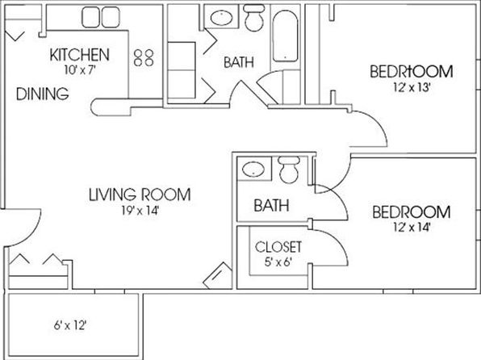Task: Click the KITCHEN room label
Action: click(x=79, y=55)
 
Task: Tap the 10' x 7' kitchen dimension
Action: click(x=81, y=70)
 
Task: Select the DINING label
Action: click(x=42, y=94)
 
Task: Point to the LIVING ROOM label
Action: click(x=140, y=195)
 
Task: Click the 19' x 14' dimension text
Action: click(x=140, y=211)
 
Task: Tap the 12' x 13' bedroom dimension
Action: click(x=411, y=88)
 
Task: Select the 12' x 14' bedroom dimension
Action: click(x=411, y=228)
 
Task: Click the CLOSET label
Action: click(x=278, y=247)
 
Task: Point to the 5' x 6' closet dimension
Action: click(x=278, y=262)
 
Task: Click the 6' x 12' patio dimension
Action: click(x=70, y=325)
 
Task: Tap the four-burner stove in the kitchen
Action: click(x=144, y=57)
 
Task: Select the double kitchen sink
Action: click(x=101, y=17)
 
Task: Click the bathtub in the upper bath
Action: click(x=285, y=36)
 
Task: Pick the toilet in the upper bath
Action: click(x=254, y=18)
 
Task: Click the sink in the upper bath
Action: click(x=222, y=18)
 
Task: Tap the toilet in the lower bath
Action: click(x=289, y=170)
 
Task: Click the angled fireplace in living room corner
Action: click(x=219, y=276)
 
